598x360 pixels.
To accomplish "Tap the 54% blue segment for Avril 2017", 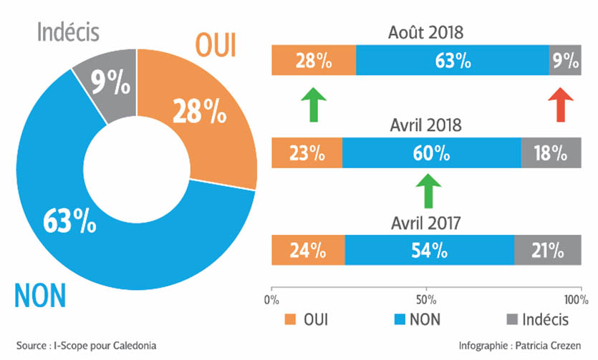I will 429,250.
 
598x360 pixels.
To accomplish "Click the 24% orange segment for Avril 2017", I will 308,250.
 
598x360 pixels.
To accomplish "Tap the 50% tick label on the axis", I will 426,298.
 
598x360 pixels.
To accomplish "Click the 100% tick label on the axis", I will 574,298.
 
